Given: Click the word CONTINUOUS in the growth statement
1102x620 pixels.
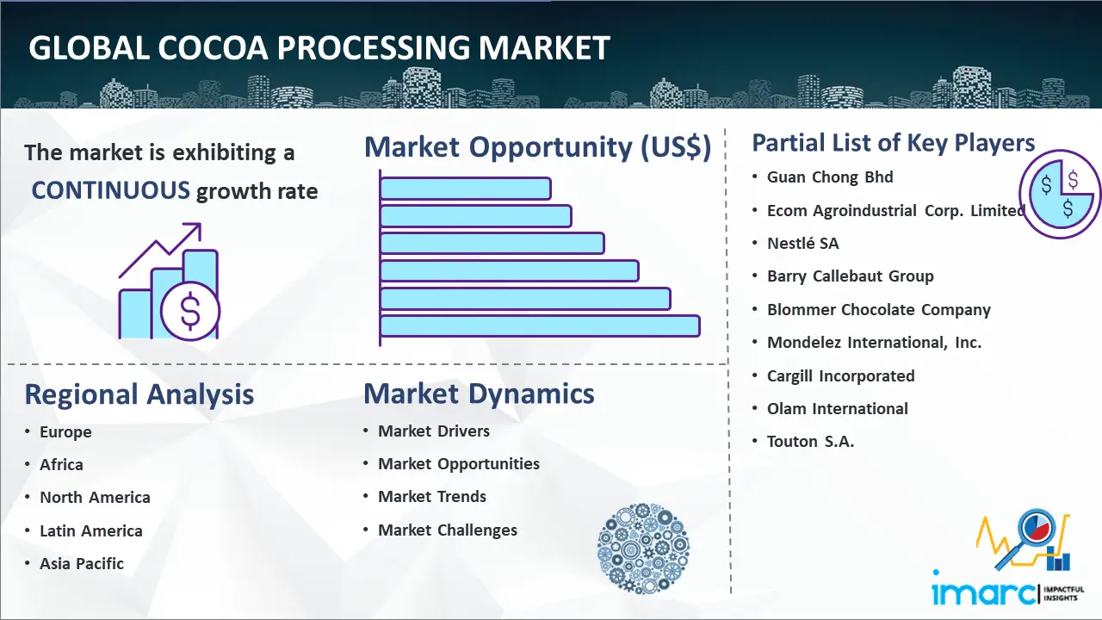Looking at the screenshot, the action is (x=111, y=190).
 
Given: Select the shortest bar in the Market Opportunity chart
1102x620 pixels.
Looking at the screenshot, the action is (x=466, y=189).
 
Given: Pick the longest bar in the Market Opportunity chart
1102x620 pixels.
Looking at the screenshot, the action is (x=540, y=326).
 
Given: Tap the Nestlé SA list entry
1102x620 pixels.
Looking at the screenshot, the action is (x=803, y=243).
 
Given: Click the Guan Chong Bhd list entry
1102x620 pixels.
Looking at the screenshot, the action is (x=830, y=177).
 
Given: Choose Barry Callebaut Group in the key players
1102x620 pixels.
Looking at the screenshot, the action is (x=850, y=276).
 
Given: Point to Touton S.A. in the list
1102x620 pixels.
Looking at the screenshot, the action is (x=810, y=442).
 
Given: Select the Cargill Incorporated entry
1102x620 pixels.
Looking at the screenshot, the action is (x=841, y=376).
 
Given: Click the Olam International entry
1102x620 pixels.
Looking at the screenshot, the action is (x=838, y=408).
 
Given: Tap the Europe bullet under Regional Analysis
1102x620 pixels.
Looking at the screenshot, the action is (x=65, y=432).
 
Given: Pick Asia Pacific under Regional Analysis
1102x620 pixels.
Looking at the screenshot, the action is (x=82, y=563).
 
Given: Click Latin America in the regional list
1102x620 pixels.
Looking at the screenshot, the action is (x=91, y=531).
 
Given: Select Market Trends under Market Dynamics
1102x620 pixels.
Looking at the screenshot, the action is (x=432, y=497).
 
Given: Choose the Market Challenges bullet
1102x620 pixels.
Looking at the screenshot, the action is (x=447, y=530).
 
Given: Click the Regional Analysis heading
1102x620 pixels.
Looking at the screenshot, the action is (x=139, y=394).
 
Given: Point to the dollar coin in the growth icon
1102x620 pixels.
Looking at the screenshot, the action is (x=190, y=312).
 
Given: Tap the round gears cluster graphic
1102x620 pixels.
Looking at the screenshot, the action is (x=643, y=548).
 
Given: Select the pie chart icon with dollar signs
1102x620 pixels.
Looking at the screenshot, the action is (x=1060, y=194).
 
